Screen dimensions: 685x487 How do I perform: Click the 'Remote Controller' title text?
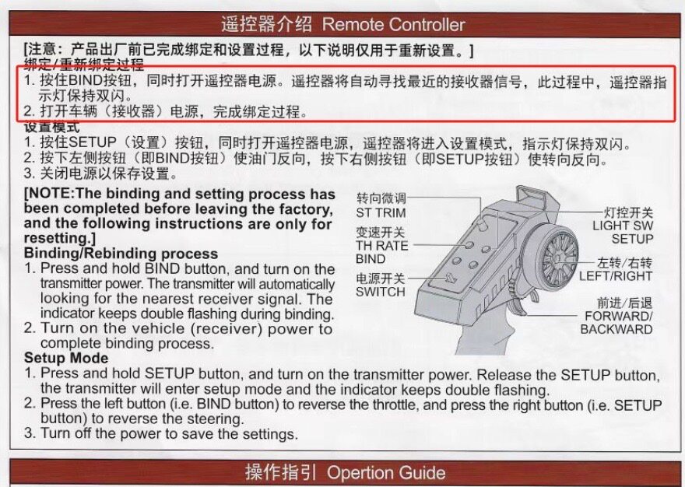tap(393, 24)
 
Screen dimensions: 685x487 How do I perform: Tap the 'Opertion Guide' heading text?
tap(386, 472)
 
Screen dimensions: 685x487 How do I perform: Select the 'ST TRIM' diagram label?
tap(381, 212)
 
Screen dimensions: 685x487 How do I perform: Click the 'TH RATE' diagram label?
tap(382, 246)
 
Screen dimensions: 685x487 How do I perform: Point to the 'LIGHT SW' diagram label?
tap(623, 226)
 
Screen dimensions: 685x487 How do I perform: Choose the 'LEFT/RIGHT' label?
tap(616, 276)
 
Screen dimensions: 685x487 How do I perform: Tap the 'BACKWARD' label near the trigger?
tap(616, 329)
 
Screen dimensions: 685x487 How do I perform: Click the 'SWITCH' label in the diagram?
tap(381, 292)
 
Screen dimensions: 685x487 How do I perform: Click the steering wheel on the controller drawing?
tap(557, 258)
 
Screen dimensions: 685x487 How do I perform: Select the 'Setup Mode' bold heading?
tap(66, 358)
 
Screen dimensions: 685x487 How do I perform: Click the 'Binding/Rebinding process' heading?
tap(121, 254)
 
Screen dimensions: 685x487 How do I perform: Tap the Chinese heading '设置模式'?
tap(52, 127)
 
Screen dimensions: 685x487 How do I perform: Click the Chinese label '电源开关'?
tap(381, 279)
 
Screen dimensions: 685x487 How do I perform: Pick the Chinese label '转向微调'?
tap(381, 198)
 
